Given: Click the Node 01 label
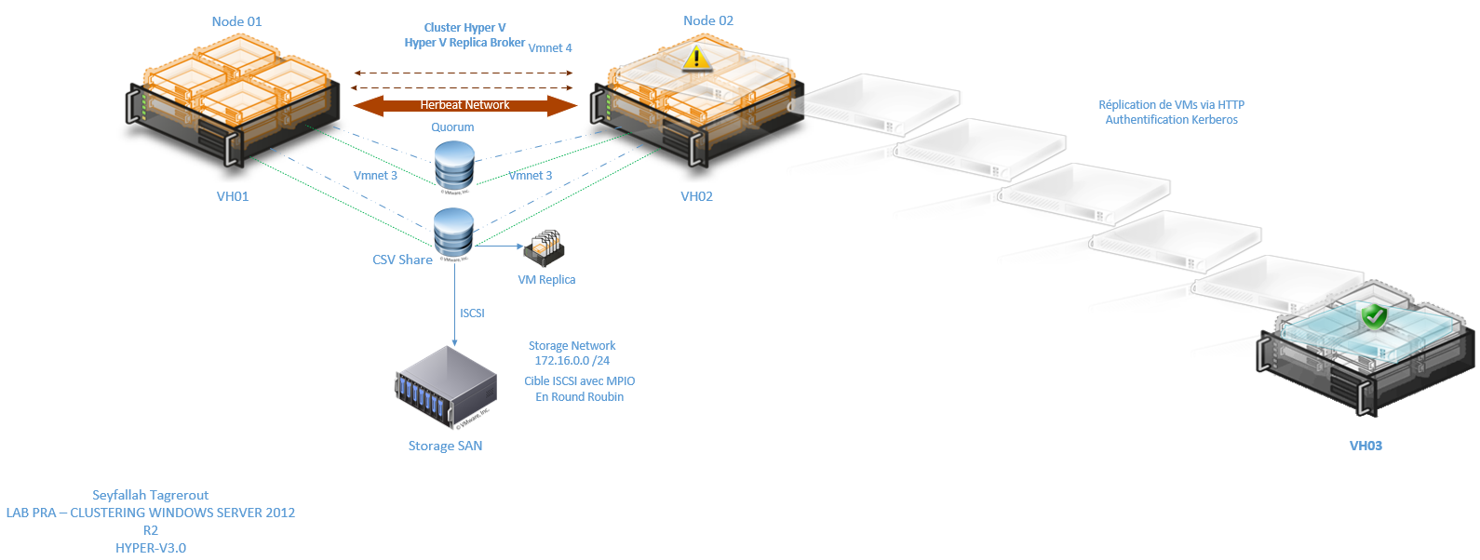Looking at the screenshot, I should (x=236, y=21).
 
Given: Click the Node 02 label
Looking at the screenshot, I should (x=707, y=20).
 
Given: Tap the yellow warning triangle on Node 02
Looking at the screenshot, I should (x=696, y=58).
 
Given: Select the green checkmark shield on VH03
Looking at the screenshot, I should (x=1374, y=316).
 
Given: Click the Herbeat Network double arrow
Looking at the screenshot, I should (x=464, y=105).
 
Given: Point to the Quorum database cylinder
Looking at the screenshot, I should (x=454, y=165).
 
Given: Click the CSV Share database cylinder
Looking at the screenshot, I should (x=454, y=232).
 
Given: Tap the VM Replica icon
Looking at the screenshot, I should (x=545, y=247).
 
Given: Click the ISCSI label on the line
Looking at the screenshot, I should (x=472, y=313).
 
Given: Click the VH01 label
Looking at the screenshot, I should (x=233, y=196).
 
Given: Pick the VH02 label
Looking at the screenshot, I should (x=696, y=196).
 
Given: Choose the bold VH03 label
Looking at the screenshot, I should (x=1366, y=446).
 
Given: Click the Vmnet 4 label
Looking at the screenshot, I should (x=550, y=48).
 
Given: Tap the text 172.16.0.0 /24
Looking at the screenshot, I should (x=572, y=361).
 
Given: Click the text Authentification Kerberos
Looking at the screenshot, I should (x=1171, y=120).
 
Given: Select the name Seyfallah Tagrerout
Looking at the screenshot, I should (x=150, y=495).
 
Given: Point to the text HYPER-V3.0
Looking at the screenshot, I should (x=150, y=548).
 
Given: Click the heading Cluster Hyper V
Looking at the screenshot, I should (x=464, y=28).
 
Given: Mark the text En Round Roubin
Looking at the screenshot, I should (x=579, y=397).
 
